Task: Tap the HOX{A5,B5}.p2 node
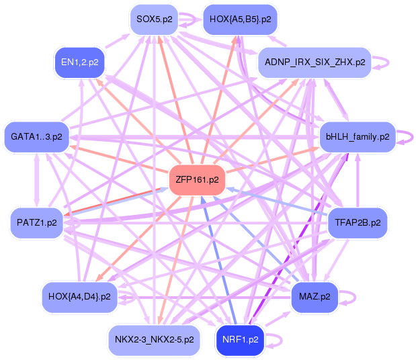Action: click(x=240, y=19)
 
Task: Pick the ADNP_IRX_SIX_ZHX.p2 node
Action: click(x=315, y=62)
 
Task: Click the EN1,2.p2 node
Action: click(x=79, y=62)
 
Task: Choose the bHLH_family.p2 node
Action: click(x=357, y=136)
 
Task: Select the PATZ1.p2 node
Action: click(x=36, y=221)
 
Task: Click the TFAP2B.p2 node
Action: click(x=357, y=221)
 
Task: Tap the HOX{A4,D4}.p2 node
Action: click(x=79, y=296)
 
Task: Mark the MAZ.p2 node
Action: click(x=315, y=296)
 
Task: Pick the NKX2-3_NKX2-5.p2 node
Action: click(x=155, y=339)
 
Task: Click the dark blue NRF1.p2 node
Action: click(x=240, y=339)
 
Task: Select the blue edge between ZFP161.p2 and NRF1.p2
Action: click(x=218, y=259)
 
